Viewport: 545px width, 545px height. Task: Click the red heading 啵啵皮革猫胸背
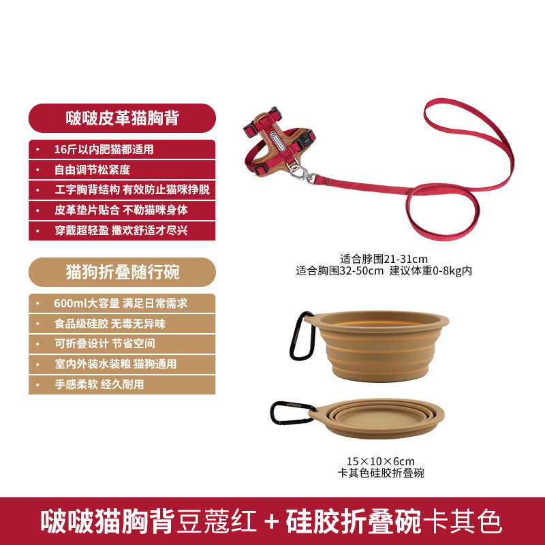point(123,118)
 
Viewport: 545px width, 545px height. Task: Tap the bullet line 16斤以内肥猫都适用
point(104,149)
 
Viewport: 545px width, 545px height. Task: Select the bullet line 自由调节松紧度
point(92,170)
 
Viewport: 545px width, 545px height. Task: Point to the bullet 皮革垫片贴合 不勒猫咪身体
point(121,210)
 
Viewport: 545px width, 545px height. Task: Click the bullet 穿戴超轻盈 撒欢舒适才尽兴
point(121,230)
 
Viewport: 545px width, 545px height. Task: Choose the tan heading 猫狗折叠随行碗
point(123,272)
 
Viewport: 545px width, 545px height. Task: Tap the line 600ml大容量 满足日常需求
point(121,303)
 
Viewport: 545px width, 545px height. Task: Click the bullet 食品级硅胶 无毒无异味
point(110,324)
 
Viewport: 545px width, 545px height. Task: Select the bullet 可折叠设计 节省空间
point(105,344)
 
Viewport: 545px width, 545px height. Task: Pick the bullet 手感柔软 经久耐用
point(99,384)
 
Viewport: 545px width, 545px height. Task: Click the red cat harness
point(278,142)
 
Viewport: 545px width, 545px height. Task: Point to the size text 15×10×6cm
point(381,461)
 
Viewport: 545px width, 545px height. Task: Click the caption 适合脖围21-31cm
point(384,259)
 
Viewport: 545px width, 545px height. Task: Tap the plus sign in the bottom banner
point(271,521)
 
